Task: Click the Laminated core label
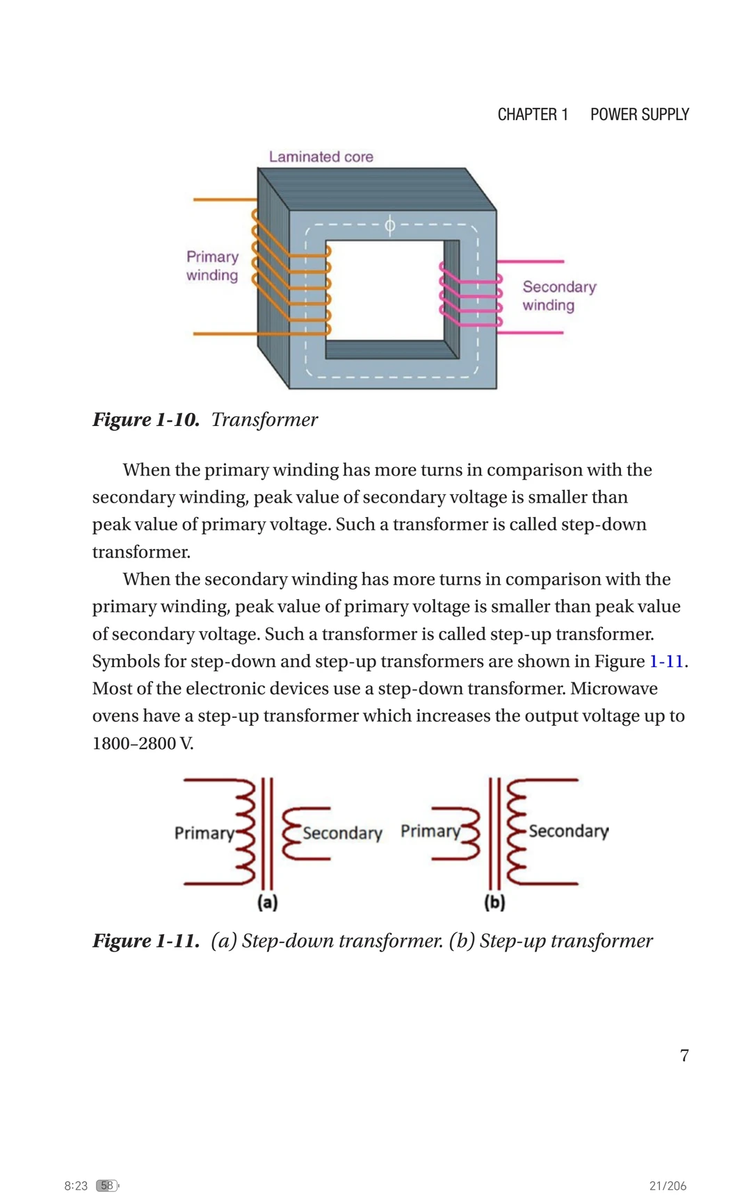tap(321, 157)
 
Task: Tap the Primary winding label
tap(212, 266)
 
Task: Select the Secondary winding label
tap(559, 296)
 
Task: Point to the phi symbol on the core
tap(389, 225)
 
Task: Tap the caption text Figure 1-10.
tap(146, 420)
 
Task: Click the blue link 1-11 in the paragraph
tap(666, 662)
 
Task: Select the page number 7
tap(684, 1056)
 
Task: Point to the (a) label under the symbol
tap(267, 902)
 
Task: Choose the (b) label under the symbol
tap(494, 902)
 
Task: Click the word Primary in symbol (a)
tap(204, 833)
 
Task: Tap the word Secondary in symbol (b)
tap(568, 831)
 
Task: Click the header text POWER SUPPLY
tap(640, 115)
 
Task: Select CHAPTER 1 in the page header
tap(533, 115)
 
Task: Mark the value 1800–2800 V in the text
tap(143, 744)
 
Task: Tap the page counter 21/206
tap(668, 1186)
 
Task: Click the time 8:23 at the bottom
tap(76, 1186)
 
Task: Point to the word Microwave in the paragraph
tap(614, 689)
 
